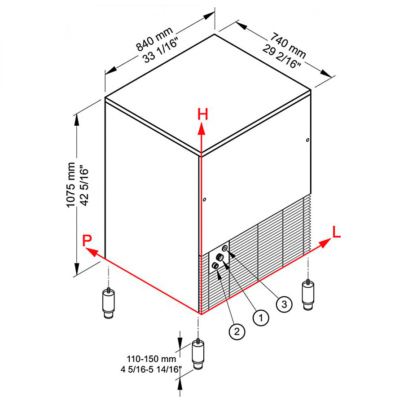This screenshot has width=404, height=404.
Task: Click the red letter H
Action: point(203,115)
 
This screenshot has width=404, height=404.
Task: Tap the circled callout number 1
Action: point(261,318)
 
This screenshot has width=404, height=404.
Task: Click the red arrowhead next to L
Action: point(324,243)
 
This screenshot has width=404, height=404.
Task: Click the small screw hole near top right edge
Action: point(307,141)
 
